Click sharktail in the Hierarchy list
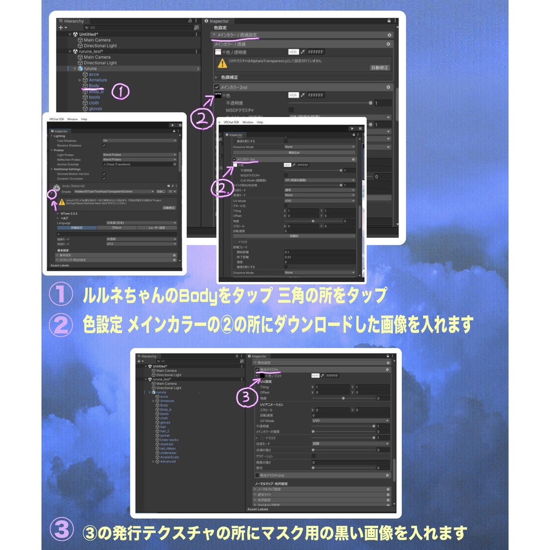167,444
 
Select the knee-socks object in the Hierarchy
169,440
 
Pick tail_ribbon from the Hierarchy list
168,448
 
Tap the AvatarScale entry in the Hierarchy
170,457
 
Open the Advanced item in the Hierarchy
168,461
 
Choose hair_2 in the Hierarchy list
164,431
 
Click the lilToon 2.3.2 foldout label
70,213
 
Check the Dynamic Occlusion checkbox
104,178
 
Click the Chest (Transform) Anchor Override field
139,164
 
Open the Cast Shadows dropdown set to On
139,141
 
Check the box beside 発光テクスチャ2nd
257,475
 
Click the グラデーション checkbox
314,456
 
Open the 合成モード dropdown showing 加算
350,444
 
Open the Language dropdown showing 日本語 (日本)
139,222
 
